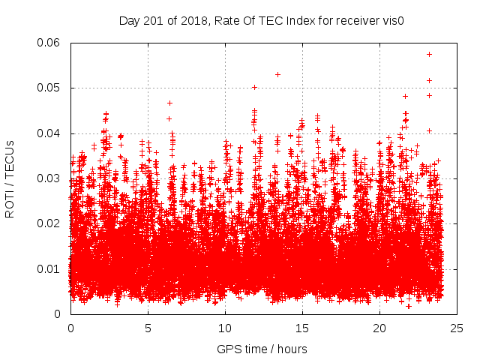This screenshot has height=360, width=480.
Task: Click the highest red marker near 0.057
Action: pyautogui.click(x=429, y=54)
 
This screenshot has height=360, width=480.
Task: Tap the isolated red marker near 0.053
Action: pyautogui.click(x=277, y=74)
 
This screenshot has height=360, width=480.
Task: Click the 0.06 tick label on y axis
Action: pyautogui.click(x=51, y=43)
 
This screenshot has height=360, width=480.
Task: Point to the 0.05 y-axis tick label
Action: pyautogui.click(x=51, y=88)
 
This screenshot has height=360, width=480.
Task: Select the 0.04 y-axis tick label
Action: pyautogui.click(x=51, y=133)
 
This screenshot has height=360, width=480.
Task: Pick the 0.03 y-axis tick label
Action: pyautogui.click(x=51, y=178)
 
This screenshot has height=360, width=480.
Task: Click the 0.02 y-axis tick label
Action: pyautogui.click(x=51, y=223)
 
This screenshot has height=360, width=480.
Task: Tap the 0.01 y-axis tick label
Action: pyautogui.click(x=51, y=268)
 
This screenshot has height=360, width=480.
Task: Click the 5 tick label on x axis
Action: pyautogui.click(x=148, y=328)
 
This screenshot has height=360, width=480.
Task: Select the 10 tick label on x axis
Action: pyautogui.click(x=225, y=328)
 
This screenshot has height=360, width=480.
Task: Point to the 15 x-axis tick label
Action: pyautogui.click(x=302, y=328)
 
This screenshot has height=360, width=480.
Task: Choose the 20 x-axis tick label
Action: pyautogui.click(x=379, y=328)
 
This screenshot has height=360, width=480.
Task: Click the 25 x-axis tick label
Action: pyautogui.click(x=457, y=328)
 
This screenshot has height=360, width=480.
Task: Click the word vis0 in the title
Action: pyautogui.click(x=393, y=20)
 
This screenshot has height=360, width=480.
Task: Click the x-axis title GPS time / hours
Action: pyautogui.click(x=262, y=349)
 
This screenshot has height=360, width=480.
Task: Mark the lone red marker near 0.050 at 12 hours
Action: pyautogui.click(x=254, y=87)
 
